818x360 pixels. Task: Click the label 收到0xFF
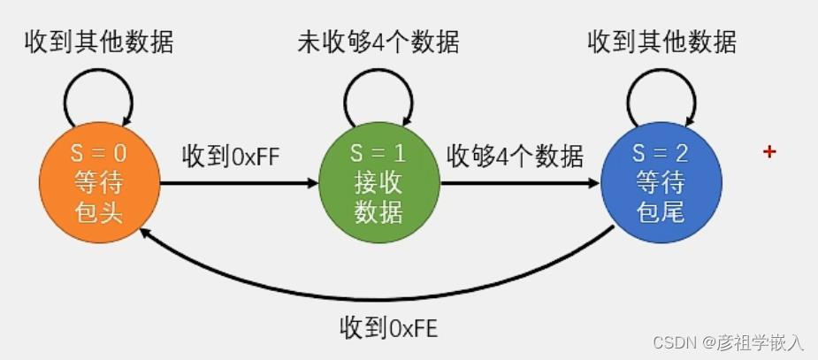click(231, 157)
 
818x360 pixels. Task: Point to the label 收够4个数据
click(515, 157)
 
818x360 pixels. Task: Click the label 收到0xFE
click(388, 328)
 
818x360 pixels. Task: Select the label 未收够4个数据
click(378, 42)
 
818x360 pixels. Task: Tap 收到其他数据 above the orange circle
click(98, 42)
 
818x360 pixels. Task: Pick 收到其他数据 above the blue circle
click(661, 42)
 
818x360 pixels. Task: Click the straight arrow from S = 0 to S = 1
click(239, 184)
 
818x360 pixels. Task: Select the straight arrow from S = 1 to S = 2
click(520, 184)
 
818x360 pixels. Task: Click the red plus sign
click(769, 152)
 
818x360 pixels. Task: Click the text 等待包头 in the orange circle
click(99, 199)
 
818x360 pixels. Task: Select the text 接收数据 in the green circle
click(378, 199)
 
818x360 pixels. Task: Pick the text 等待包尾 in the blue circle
click(661, 199)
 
